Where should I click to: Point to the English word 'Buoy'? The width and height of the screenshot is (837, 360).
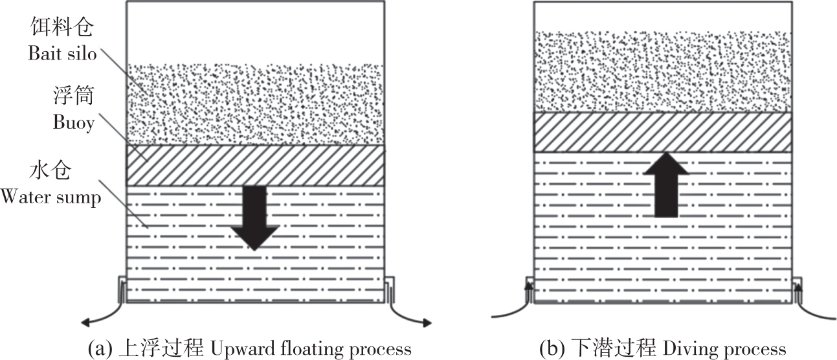tap(74, 123)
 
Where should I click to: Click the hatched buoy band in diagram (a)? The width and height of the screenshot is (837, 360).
tap(255, 165)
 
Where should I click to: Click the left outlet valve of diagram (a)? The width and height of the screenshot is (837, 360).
tap(121, 289)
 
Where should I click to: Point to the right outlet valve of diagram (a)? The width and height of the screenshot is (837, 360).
tap(389, 289)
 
